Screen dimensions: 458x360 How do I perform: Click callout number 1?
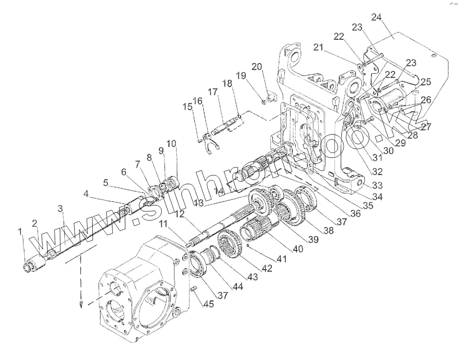20,232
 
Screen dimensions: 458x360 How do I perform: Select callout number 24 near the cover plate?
376,18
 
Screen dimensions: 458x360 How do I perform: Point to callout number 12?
179,215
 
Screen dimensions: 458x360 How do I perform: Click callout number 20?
257,67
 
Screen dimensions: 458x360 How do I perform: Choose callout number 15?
188,107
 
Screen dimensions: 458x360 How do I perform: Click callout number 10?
171,144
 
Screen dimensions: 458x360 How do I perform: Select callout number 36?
355,214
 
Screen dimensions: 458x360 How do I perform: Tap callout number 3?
61,208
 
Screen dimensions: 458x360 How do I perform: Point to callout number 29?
400,143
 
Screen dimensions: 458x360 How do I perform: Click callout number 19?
240,76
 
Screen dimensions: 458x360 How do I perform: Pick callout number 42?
267,269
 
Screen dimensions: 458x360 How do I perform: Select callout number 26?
425,99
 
